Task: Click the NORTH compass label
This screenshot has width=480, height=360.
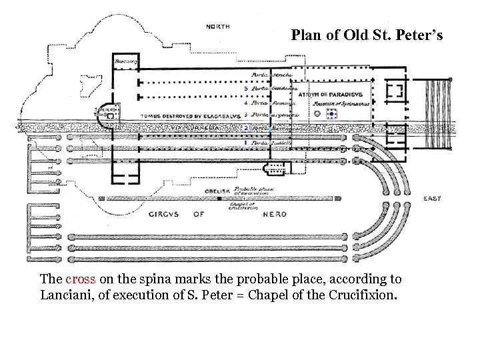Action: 219,27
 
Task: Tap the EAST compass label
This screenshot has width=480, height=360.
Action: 432,199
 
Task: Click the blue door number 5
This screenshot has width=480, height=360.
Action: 246,88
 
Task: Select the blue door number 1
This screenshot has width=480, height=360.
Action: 246,143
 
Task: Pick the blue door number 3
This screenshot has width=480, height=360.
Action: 246,114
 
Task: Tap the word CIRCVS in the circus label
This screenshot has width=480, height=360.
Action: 163,214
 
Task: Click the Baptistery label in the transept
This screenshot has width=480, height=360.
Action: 126,61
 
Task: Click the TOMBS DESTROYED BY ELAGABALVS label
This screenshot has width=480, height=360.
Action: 179,115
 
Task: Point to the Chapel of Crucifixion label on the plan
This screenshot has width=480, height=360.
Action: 241,206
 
